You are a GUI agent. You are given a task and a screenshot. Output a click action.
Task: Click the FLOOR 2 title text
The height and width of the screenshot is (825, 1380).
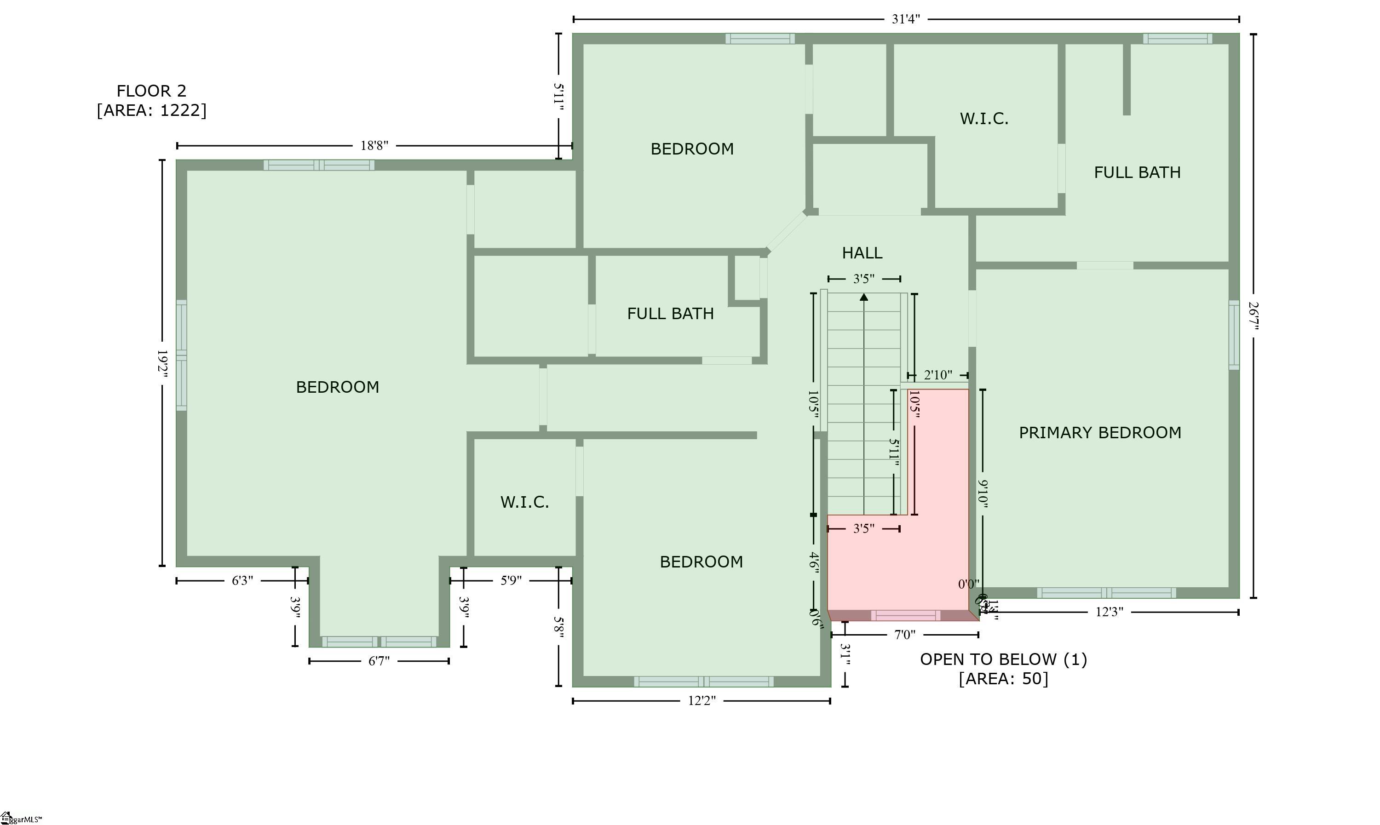[151, 91]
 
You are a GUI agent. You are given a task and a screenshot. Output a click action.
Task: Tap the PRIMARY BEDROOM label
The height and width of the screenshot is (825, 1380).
[1099, 433]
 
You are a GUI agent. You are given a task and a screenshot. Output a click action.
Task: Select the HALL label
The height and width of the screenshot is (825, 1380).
[862, 253]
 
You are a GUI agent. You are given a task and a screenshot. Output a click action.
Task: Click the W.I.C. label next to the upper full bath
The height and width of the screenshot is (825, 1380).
[983, 118]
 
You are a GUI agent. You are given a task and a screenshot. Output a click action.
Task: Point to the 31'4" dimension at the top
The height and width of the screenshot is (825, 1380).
[906, 19]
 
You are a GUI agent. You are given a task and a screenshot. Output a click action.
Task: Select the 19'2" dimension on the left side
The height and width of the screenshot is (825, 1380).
[162, 364]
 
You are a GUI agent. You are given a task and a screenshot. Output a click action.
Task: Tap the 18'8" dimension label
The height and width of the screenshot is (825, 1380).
[374, 146]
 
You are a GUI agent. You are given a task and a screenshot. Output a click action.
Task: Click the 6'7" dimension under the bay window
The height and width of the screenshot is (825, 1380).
[379, 661]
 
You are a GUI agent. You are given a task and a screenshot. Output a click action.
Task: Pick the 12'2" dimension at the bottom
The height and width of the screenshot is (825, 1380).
[701, 701]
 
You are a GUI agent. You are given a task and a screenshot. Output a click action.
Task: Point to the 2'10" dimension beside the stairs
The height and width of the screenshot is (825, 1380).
[937, 375]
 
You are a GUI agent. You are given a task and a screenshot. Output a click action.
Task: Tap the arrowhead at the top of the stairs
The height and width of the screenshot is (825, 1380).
[863, 298]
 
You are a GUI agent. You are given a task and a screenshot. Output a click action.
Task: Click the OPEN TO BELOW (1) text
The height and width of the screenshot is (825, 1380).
[1003, 659]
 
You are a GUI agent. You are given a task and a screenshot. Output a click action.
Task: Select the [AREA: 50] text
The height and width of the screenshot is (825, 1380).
[1003, 679]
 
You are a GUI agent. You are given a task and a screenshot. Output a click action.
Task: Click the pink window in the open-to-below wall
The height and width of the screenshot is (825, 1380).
[905, 615]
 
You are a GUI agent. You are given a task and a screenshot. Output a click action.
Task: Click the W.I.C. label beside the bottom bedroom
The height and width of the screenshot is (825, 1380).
[524, 502]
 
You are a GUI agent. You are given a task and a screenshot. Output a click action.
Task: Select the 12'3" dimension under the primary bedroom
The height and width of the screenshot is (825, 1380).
[1109, 612]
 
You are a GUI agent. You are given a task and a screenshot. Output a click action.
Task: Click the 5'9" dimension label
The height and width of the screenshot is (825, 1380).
[511, 580]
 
